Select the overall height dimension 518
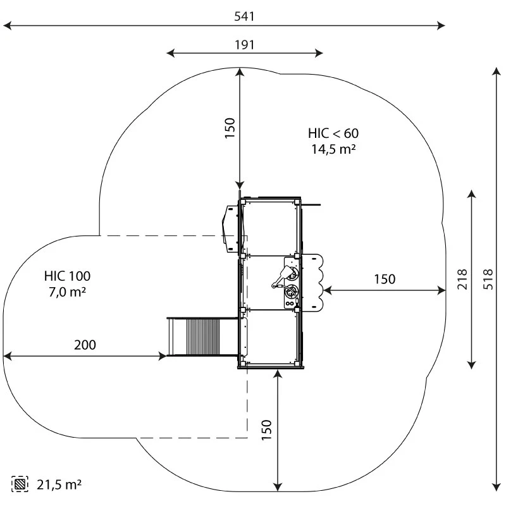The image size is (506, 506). [x=488, y=278]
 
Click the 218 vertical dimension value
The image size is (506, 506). [x=463, y=278]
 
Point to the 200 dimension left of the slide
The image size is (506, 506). [x=85, y=345]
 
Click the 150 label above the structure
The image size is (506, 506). [x=230, y=128]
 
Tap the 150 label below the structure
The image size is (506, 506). [x=266, y=430]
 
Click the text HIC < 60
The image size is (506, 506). [x=333, y=133]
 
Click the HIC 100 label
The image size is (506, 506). [x=67, y=276]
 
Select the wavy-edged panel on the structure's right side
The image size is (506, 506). [x=314, y=281]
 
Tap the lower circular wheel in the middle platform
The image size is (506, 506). [x=291, y=293]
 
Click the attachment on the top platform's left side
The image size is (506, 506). [x=229, y=225]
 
